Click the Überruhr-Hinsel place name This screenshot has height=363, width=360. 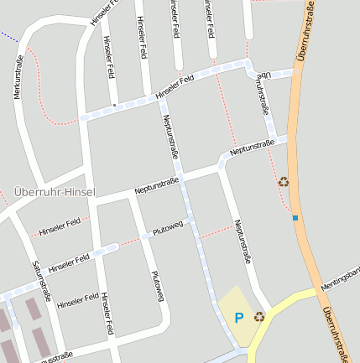coord(55,192)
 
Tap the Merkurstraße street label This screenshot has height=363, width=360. coord(19,78)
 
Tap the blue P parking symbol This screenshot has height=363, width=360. coord(239,317)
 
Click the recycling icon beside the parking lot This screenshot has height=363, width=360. coord(259,316)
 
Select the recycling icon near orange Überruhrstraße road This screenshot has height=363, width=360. coord(284,181)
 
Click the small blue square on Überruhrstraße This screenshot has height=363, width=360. coord(295,219)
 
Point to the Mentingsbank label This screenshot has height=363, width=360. coord(344,275)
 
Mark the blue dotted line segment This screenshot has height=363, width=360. coord(8,37)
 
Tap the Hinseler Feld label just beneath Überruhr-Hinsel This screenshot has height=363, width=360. coord(60,226)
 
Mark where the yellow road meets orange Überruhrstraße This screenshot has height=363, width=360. coord(318,292)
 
